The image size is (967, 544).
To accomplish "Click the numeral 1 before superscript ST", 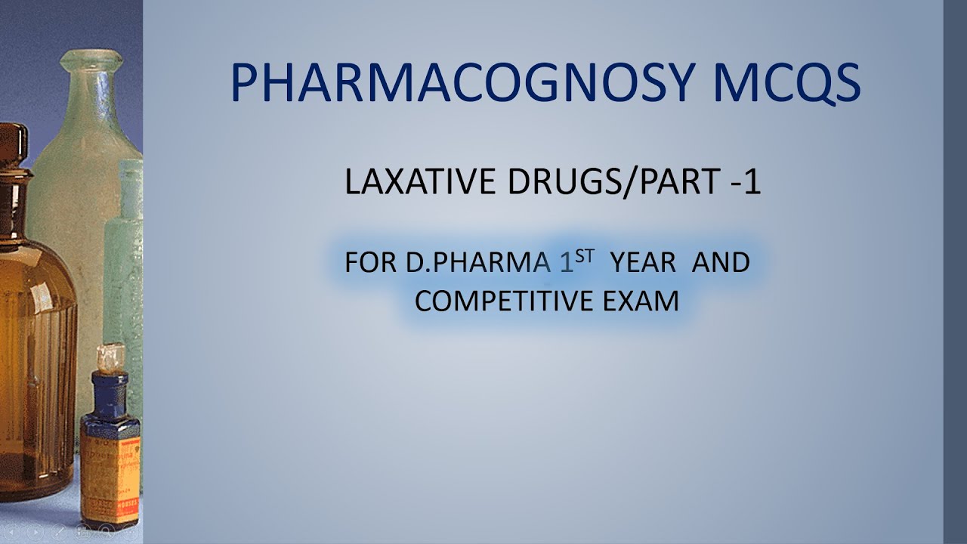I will pyautogui.click(x=566, y=262).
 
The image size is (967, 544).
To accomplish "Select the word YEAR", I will pyautogui.click(x=644, y=263).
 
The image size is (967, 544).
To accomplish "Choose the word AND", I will pyautogui.click(x=721, y=263).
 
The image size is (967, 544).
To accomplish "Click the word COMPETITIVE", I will pyautogui.click(x=504, y=301).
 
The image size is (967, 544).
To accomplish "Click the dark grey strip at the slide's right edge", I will pyautogui.click(x=955, y=272).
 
